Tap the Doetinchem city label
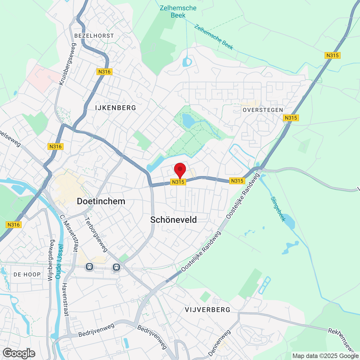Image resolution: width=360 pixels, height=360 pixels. (101, 201)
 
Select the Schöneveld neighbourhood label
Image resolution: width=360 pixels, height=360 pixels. (174, 220)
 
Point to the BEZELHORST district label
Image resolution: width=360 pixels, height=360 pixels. (94, 36)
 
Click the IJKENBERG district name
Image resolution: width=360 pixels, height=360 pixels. (116, 108)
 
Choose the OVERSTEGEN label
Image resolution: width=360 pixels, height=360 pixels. (263, 110)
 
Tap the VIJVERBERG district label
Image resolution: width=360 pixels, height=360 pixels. (208, 310)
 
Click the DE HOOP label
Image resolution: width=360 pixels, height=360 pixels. (27, 274)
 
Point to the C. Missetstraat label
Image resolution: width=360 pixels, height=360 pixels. (69, 233)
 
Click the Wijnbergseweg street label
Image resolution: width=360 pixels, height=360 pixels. (51, 260)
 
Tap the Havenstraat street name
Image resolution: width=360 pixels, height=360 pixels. (65, 300)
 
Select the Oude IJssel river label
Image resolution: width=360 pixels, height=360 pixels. (59, 262)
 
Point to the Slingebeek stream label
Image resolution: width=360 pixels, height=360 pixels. (278, 209)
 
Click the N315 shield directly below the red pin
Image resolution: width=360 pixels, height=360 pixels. (178, 182)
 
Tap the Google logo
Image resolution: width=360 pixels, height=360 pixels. (19, 353)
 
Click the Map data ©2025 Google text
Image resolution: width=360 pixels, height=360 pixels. (325, 356)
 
